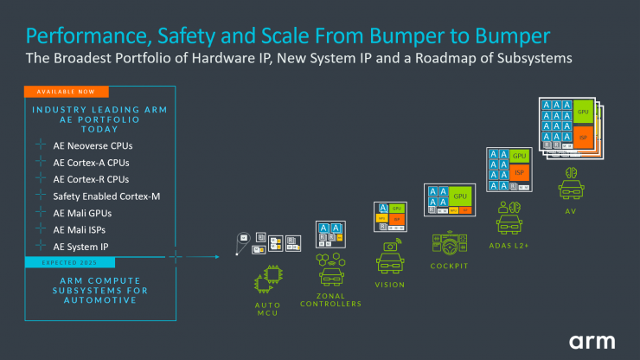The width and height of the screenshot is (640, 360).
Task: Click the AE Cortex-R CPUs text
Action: pos(91,179)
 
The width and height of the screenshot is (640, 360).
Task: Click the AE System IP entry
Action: pos(87,247)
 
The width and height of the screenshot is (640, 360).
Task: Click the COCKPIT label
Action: pos(449,266)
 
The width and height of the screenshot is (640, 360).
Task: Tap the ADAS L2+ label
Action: pos(509,246)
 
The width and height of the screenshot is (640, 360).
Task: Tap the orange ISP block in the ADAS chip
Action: pos(520,173)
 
